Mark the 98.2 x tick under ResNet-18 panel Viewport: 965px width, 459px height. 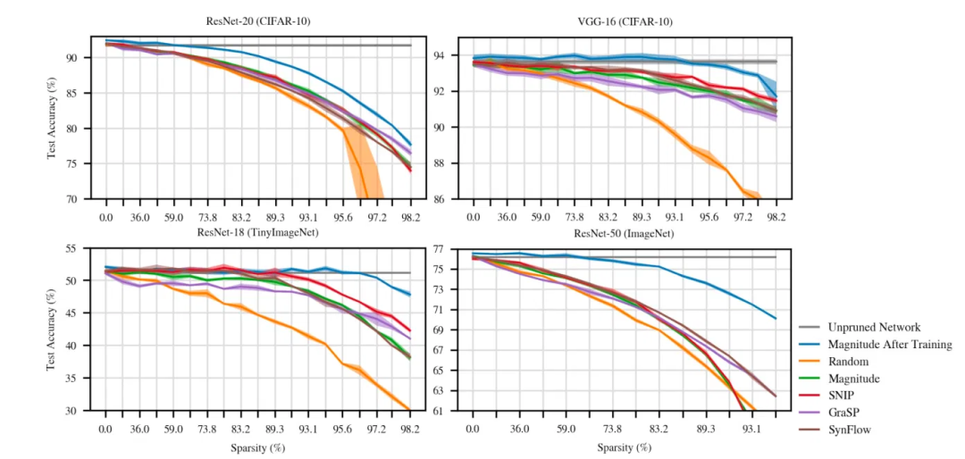point(409,429)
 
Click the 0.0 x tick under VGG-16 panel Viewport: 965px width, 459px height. point(473,217)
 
